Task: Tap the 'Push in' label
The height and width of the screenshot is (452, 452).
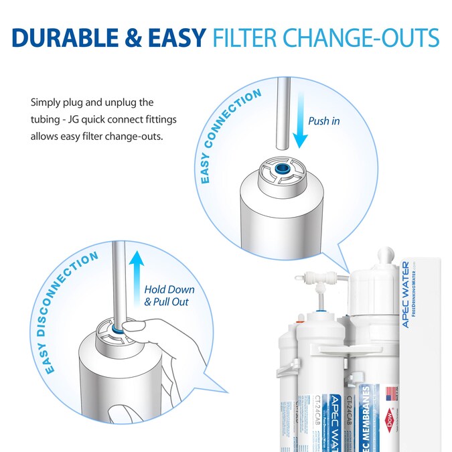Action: click(323, 121)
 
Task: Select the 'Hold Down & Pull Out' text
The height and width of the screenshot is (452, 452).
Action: click(169, 295)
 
